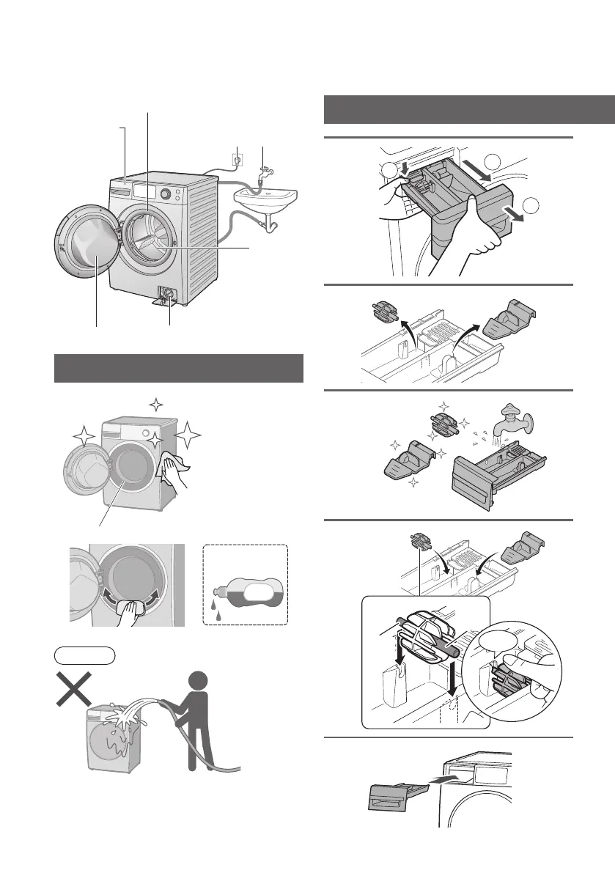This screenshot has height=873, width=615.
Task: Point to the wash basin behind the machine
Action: (265, 197)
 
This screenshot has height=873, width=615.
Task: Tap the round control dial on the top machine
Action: (166, 194)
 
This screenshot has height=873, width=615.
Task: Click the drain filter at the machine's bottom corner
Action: (169, 294)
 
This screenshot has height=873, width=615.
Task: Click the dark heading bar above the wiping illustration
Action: (179, 367)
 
